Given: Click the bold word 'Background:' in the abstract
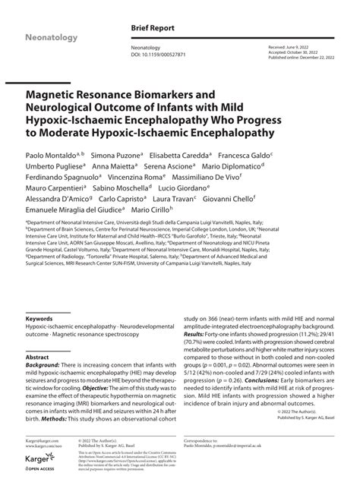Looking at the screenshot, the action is (x=43, y=365).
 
